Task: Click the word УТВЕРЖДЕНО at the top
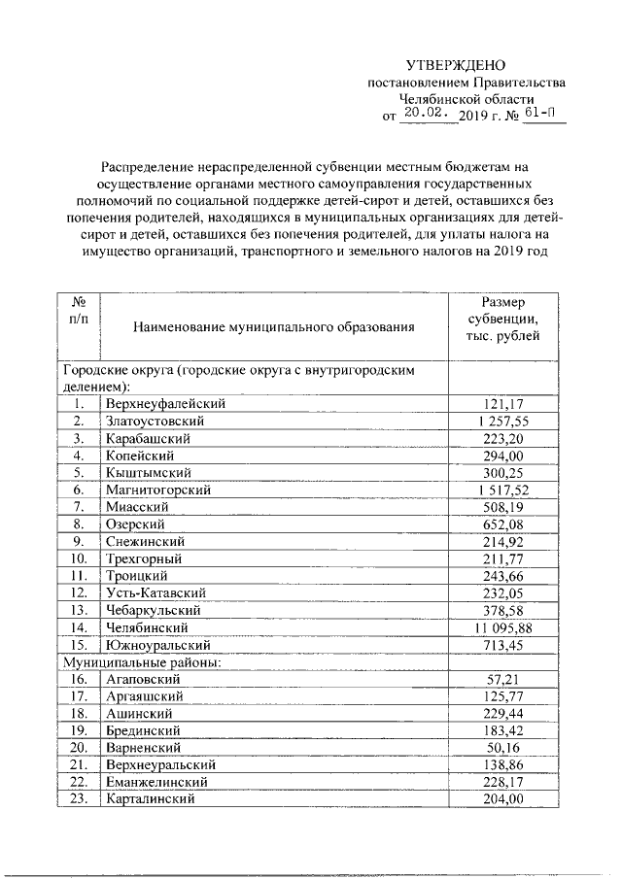455,65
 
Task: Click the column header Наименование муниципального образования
275,328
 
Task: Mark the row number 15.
80,646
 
